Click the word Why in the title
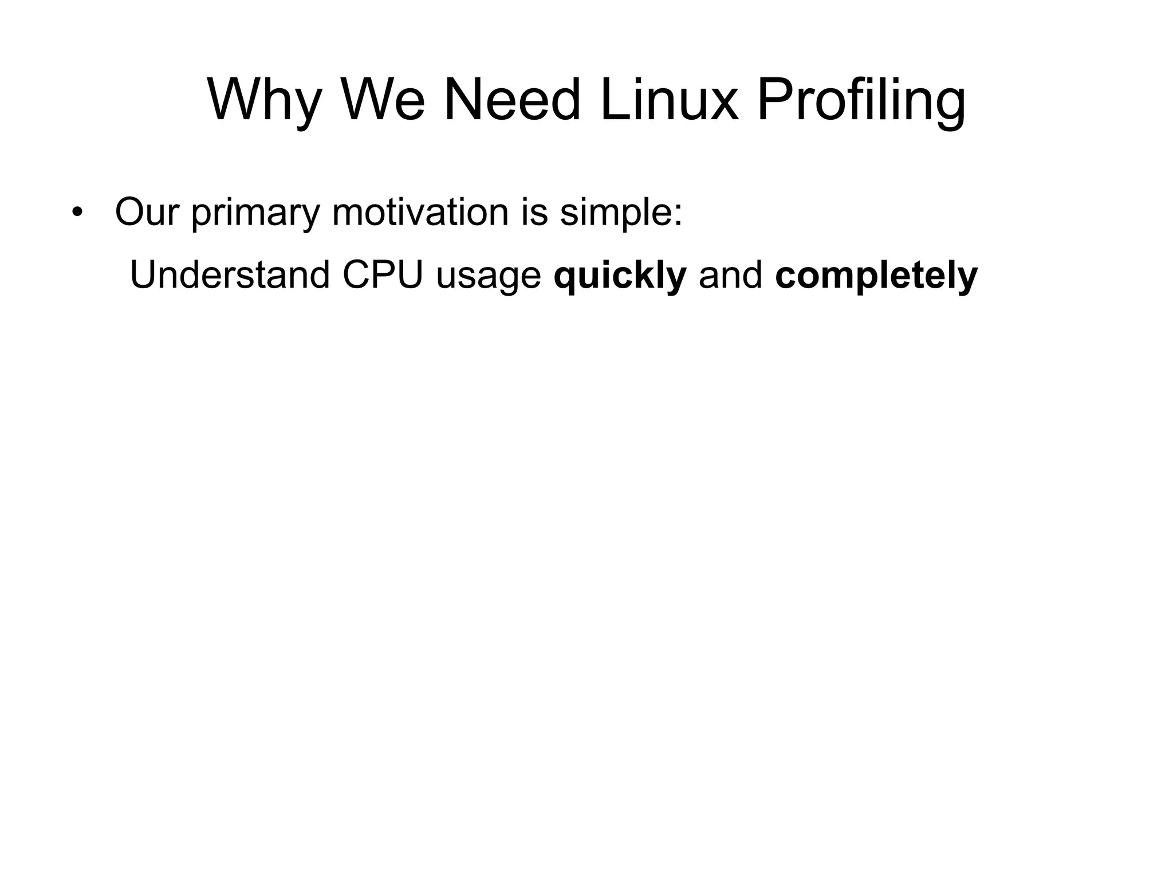point(263,100)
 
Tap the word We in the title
point(383,100)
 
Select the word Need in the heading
point(512,100)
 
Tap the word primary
point(255,213)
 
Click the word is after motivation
point(534,211)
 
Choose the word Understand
point(230,274)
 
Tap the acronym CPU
point(383,274)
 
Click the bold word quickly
point(620,276)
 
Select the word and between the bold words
point(730,274)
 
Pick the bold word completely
point(876,276)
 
